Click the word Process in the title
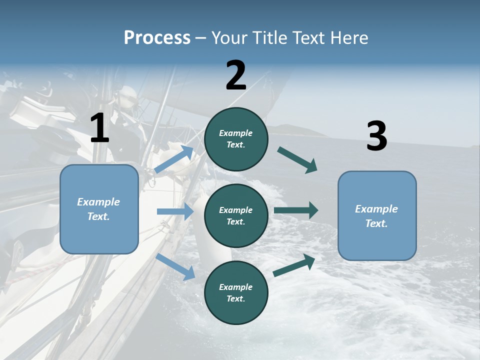(x=157, y=38)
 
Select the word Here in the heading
(x=348, y=38)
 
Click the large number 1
(x=99, y=128)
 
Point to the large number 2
(x=236, y=76)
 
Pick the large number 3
(x=376, y=136)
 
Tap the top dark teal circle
(x=236, y=139)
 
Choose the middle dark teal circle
(x=236, y=215)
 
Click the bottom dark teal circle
(x=236, y=292)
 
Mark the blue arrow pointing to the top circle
(x=174, y=159)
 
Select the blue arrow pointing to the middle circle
(x=175, y=211)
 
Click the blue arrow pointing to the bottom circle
(x=175, y=266)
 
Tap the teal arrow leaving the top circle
(x=297, y=159)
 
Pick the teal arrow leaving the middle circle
(x=296, y=210)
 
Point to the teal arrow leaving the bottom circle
(x=294, y=265)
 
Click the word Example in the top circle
(x=236, y=133)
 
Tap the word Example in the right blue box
(x=376, y=209)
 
